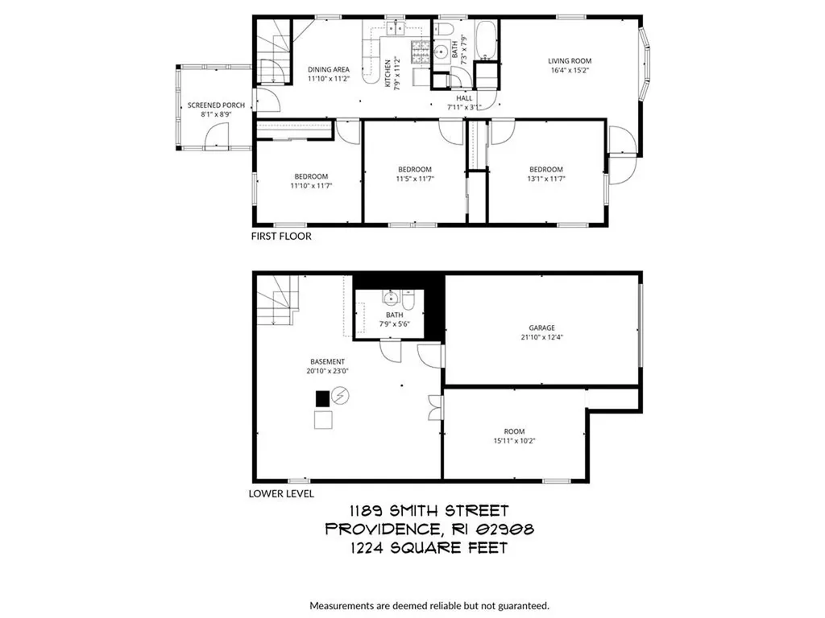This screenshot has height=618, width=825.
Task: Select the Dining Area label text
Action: pos(328,70)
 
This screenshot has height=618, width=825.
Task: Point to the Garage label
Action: pos(542,328)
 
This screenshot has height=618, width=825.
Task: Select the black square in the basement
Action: pos(322,398)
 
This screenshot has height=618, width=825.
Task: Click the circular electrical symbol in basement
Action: pos(341,396)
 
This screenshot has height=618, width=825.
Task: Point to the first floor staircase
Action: pos(274,50)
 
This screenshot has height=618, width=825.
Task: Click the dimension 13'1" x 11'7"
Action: pos(545,179)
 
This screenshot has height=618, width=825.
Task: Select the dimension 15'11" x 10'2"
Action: pos(514,439)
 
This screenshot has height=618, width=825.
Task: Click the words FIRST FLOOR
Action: pos(281,237)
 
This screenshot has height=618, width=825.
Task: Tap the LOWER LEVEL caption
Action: pos(281,494)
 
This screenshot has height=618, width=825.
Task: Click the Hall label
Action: pos(464,98)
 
